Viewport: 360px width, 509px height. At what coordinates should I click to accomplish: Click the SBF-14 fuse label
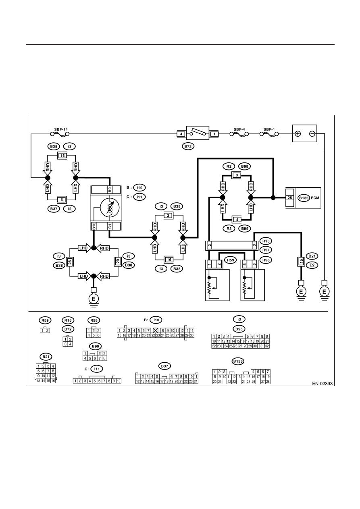point(61,129)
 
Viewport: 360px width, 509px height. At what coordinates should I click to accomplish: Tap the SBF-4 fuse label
point(239,129)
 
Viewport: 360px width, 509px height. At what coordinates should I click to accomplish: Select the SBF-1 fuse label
point(269,129)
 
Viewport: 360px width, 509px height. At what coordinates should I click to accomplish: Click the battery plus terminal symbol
point(298,134)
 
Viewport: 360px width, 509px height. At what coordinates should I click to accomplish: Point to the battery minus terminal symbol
point(312,134)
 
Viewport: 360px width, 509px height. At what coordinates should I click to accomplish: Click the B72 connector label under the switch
point(188,147)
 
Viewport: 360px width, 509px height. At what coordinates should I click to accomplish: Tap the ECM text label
point(315,198)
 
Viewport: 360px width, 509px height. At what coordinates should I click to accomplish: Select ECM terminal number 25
point(289,198)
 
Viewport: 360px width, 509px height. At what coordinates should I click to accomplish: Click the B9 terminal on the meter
point(110,190)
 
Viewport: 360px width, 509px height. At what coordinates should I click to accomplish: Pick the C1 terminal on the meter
point(110,226)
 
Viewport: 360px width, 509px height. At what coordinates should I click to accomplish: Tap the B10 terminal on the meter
point(94,226)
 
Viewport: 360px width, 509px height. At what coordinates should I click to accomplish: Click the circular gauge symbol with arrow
point(110,208)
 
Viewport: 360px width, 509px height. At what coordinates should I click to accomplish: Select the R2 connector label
point(229,166)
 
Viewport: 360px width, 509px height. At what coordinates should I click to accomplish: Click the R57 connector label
point(266,250)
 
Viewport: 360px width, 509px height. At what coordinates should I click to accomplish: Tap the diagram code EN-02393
point(322,384)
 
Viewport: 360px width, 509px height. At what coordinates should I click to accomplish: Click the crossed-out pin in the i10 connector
point(156,330)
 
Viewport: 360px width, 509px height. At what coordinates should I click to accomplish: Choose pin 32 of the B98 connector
point(267,346)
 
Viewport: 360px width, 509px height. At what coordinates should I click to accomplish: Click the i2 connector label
point(69,209)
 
